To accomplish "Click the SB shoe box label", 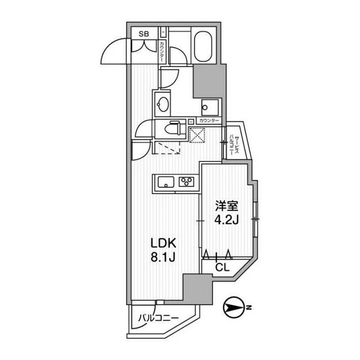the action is (144, 34).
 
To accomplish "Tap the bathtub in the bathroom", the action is (203, 46).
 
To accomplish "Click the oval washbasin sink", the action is (163, 105).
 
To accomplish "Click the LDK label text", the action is (163, 244).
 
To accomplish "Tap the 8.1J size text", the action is (163, 257).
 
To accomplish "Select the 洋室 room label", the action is (226, 206).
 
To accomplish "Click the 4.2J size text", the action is (227, 220).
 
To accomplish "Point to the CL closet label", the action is (223, 268).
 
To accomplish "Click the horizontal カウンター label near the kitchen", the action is (209, 121).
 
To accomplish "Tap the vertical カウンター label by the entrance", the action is (162, 52).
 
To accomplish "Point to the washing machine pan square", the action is (210, 107).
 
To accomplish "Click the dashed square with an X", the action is (197, 135).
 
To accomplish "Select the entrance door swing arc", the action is (114, 51).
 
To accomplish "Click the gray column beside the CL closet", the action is (198, 289).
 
